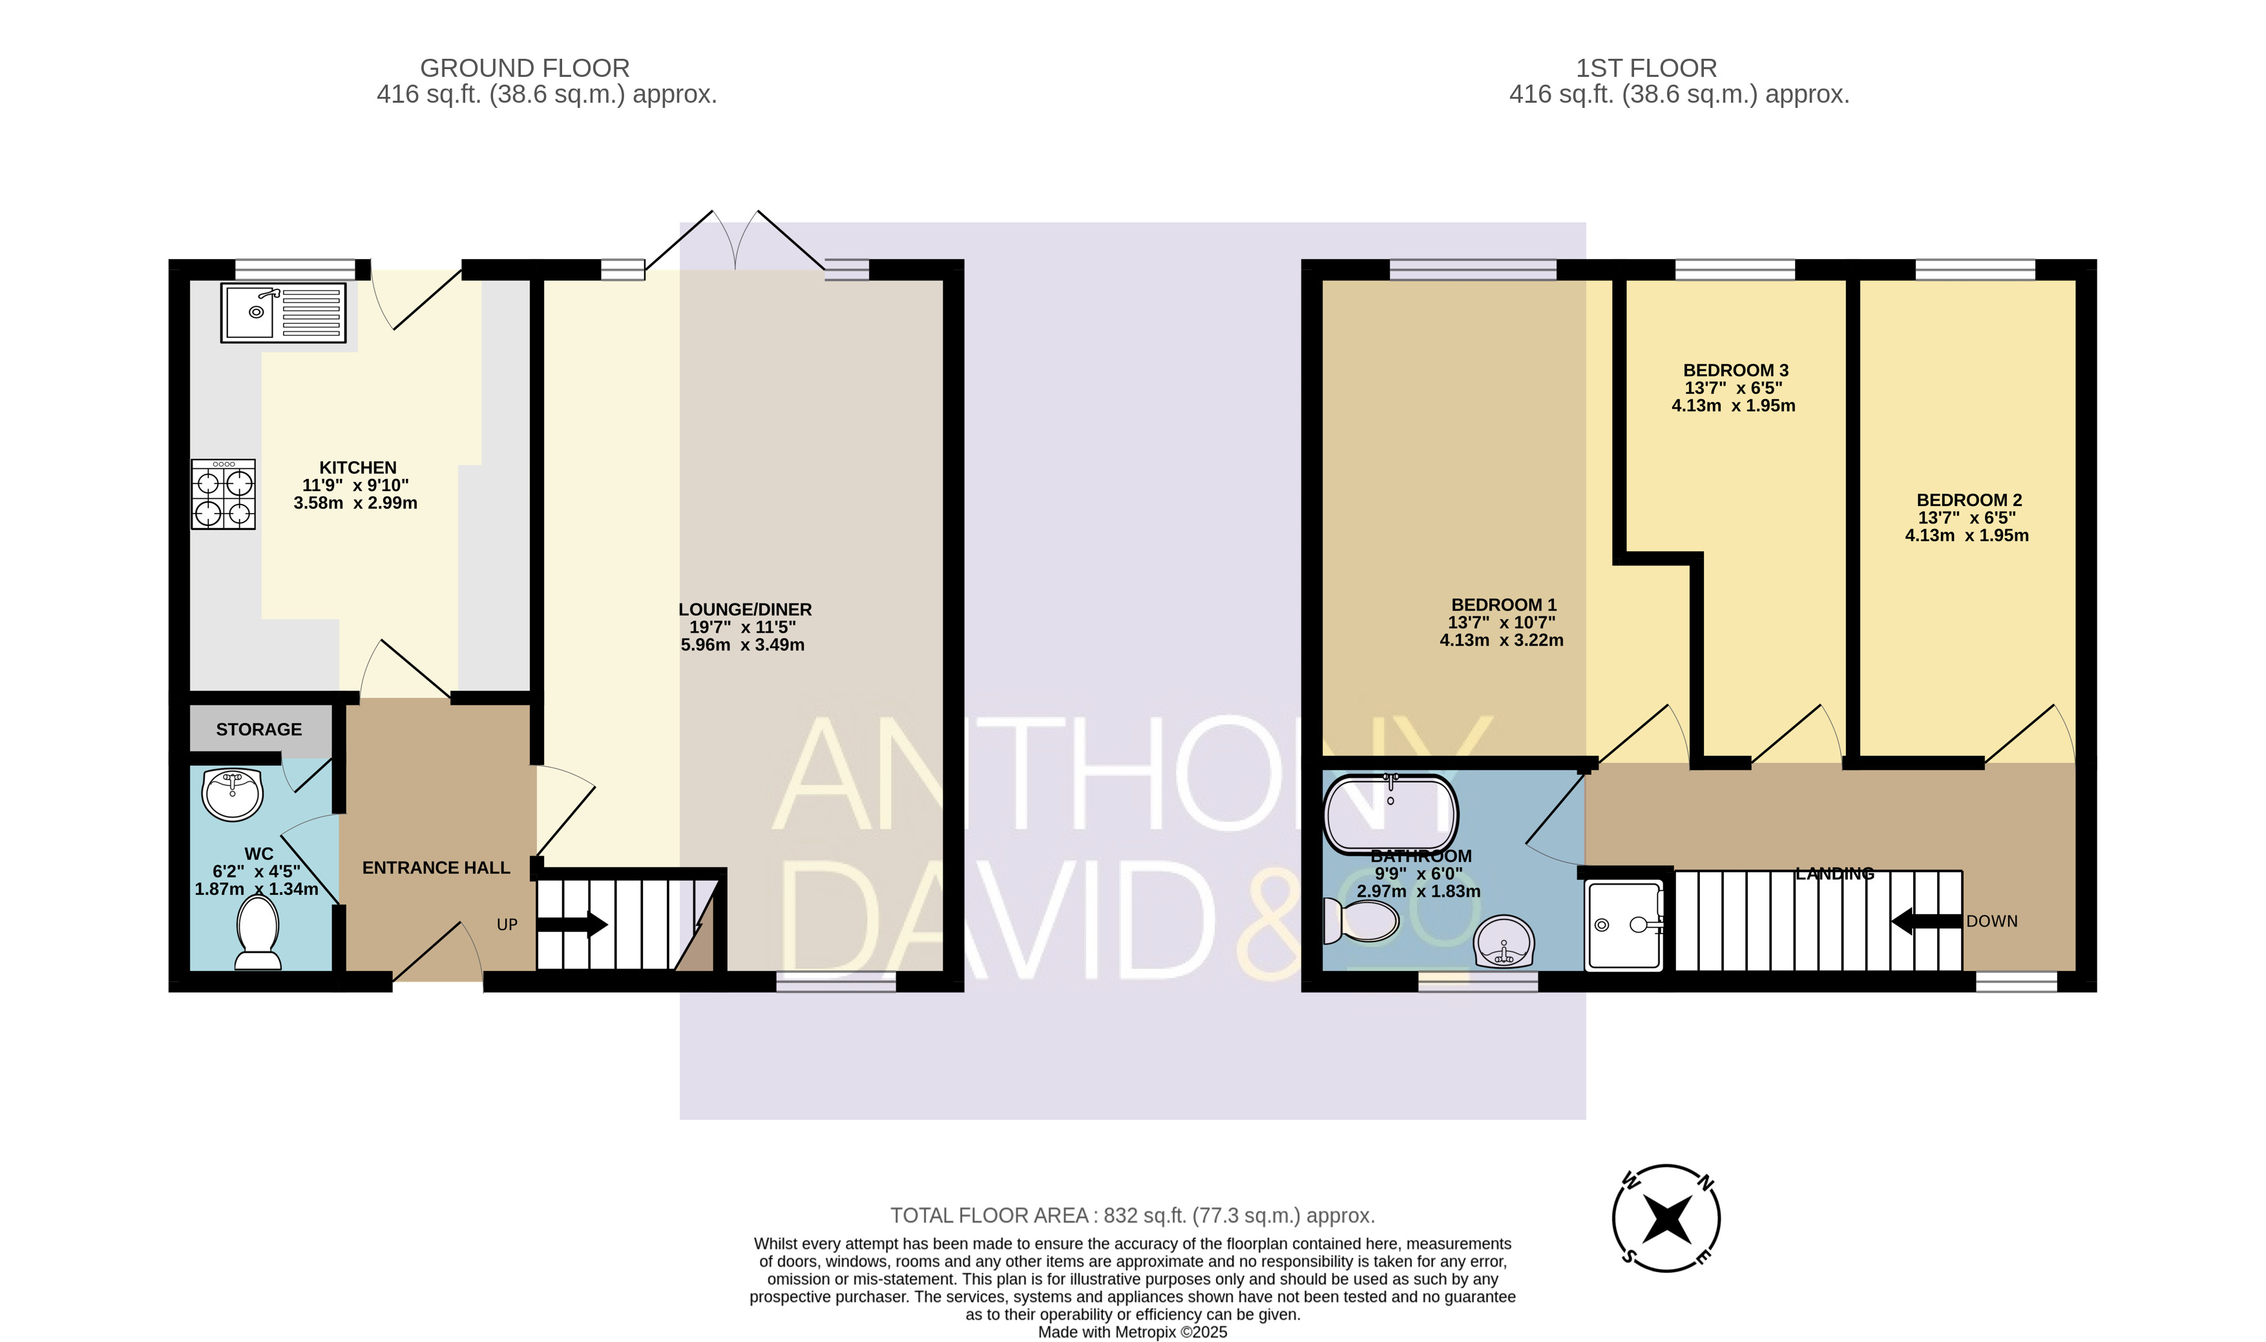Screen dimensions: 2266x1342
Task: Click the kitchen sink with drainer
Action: [x=284, y=313]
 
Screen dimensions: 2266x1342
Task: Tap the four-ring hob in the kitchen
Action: [x=224, y=495]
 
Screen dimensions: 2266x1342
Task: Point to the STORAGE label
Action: [x=258, y=729]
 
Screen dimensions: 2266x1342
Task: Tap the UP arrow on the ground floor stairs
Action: [x=572, y=924]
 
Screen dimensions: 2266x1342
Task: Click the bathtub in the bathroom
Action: [x=1390, y=814]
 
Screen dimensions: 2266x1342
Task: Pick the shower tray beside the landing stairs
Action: [x=1624, y=926]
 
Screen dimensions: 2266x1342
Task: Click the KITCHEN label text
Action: [x=358, y=468]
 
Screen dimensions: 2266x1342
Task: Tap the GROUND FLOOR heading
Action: [x=525, y=68]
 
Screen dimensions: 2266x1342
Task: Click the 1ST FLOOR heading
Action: [x=1646, y=68]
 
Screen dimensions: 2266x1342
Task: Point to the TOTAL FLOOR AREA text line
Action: [x=1132, y=1215]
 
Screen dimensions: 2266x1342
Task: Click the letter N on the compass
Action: [x=1705, y=1181]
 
